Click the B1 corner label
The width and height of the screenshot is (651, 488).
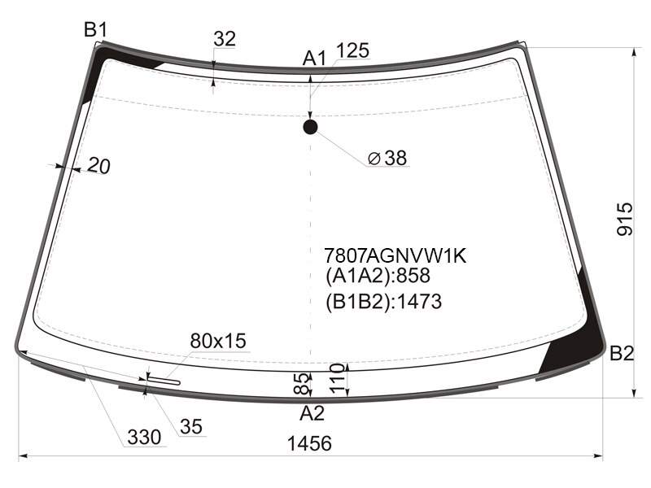pos(95,30)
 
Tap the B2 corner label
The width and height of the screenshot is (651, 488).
pos(622,354)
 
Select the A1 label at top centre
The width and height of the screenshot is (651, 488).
pos(314,58)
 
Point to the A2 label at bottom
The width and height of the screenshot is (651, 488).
pos(312,413)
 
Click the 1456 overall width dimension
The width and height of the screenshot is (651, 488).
pos(309,443)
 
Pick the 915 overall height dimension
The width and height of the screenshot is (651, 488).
pos(624,219)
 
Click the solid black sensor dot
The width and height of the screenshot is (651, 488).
pos(310,127)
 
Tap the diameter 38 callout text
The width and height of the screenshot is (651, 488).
pos(387,158)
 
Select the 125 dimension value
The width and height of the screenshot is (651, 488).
pos(352,50)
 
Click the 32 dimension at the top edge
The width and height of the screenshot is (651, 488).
pos(225,39)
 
